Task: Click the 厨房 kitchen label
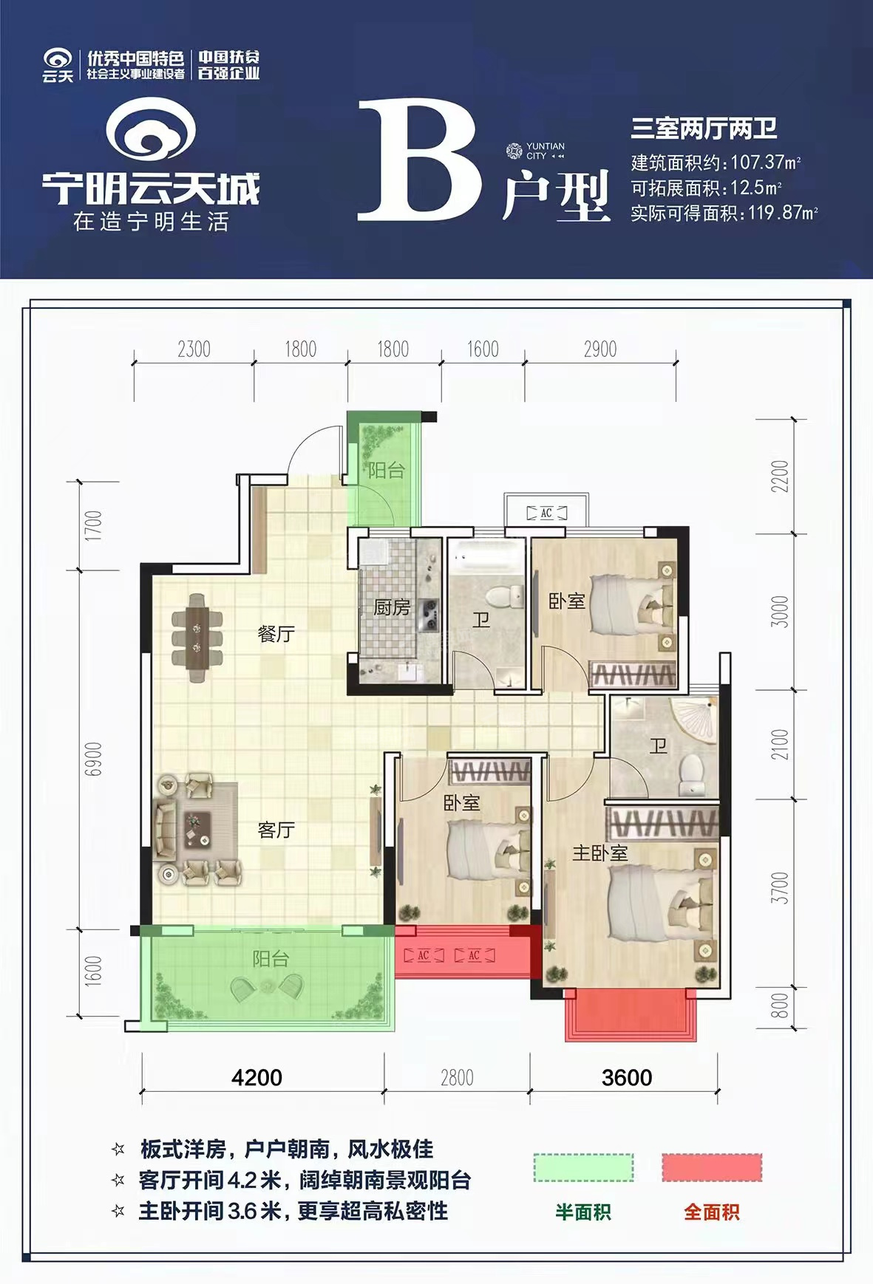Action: [391, 607]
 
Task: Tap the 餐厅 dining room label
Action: [276, 634]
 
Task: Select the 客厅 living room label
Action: [276, 830]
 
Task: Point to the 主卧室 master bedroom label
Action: [599, 853]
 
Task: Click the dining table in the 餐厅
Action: [197, 638]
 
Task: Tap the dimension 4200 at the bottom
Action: [257, 1077]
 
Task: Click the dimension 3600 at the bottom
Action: [627, 1077]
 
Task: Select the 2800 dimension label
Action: [457, 1078]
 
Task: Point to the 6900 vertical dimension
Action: [94, 759]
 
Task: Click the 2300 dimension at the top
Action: [194, 349]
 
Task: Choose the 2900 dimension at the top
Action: [599, 349]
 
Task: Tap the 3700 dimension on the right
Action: [780, 887]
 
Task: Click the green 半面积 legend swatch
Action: [583, 1167]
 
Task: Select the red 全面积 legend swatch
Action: [711, 1167]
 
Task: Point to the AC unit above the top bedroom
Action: [546, 513]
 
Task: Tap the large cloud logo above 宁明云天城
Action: [151, 132]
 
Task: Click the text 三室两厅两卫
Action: [703, 129]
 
